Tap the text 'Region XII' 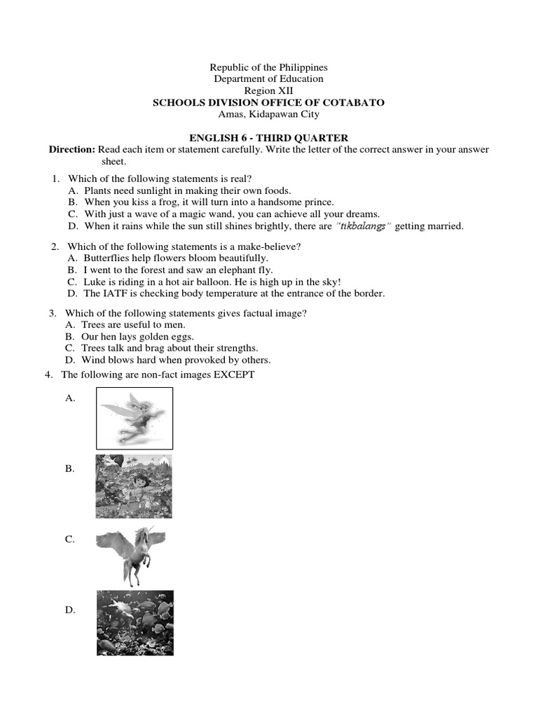click(269, 91)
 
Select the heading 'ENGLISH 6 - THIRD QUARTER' click(269, 138)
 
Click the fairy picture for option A click(134, 418)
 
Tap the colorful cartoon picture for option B click(134, 487)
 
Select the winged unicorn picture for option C click(131, 555)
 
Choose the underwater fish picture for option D click(135, 622)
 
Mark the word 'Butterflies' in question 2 click(107, 258)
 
